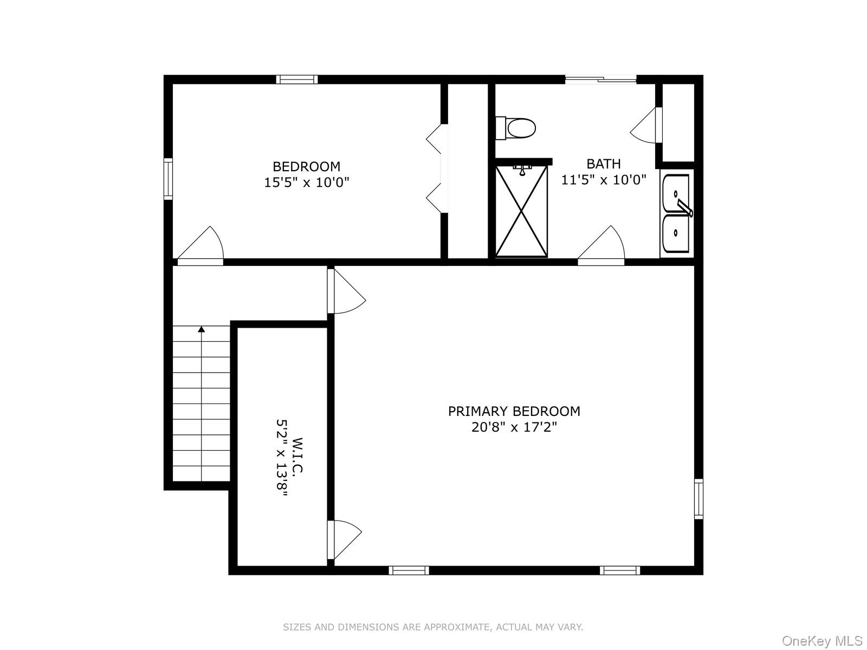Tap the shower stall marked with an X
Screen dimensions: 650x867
[521, 211]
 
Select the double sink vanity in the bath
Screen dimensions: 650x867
[676, 213]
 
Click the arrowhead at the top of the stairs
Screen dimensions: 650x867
[202, 329]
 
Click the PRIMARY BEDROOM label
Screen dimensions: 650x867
[514, 411]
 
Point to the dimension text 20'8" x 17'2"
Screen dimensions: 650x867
[514, 427]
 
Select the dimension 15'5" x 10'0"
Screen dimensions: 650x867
[306, 183]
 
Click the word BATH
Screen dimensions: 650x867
[603, 164]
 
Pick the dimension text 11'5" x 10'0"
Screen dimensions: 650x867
[603, 180]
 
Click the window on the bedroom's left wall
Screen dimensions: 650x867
[168, 179]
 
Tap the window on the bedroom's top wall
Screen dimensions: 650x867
[296, 80]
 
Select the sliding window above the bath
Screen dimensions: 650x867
[600, 80]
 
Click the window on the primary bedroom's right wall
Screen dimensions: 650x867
[698, 499]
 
